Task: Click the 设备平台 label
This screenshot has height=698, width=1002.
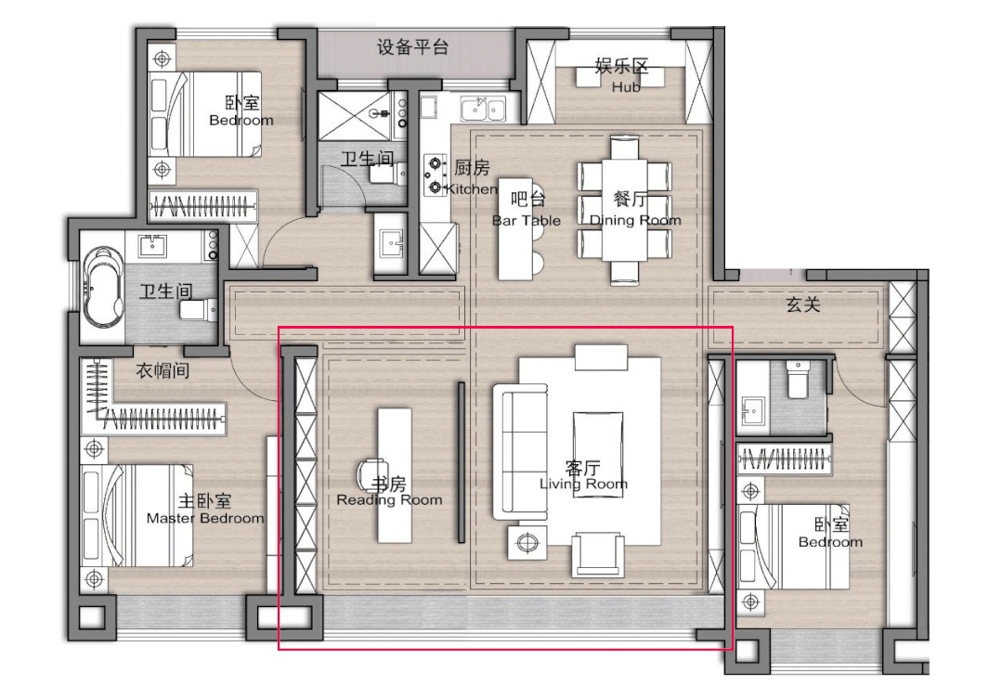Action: coord(413,46)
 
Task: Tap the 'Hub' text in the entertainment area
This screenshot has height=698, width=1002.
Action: coord(626,87)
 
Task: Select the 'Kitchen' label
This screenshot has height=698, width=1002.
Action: coord(472,189)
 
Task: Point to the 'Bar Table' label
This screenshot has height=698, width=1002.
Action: coord(526,220)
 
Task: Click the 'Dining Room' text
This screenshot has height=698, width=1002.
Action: coord(635,220)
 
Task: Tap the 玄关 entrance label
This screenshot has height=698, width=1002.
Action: coord(803,304)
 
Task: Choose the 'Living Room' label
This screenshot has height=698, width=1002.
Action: coord(583,485)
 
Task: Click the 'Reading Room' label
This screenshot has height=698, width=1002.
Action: coord(389,500)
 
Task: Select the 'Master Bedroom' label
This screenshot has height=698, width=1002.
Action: coord(205,518)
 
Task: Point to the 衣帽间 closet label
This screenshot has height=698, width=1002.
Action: coord(163,369)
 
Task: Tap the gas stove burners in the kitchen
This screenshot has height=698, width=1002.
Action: coord(436,175)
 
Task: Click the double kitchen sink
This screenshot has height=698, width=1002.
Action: coord(483,110)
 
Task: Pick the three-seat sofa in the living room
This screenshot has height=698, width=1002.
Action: coord(520,451)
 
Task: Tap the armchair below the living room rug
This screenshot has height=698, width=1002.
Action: coord(598,554)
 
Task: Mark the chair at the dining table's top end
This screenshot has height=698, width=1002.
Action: coord(624,147)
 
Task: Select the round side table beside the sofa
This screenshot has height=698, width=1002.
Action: coord(527,543)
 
